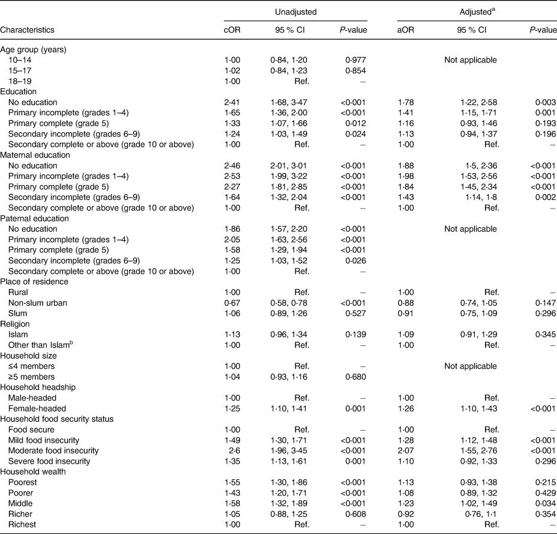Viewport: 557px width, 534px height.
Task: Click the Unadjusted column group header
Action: pos(295,11)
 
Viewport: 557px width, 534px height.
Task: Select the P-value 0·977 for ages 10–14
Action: pos(356,59)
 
